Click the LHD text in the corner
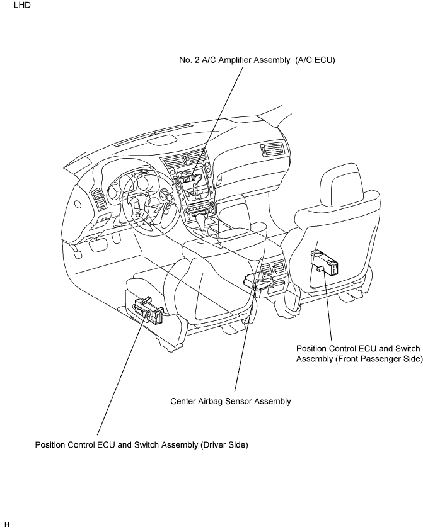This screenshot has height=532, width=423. coord(22,5)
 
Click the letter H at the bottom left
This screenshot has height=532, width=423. coord(7,524)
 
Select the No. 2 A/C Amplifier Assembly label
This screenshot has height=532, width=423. coord(257,60)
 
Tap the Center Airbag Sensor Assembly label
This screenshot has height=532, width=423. coord(231,402)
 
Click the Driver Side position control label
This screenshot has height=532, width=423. coord(141,445)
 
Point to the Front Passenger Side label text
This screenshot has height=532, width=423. coord(359,354)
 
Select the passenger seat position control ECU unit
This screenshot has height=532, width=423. coord(324,261)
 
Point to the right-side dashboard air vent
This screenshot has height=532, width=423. coord(272,149)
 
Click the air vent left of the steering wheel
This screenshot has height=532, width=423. coord(99,198)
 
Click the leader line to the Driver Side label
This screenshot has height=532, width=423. coord(122,374)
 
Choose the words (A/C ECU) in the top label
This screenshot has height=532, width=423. coord(315,60)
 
